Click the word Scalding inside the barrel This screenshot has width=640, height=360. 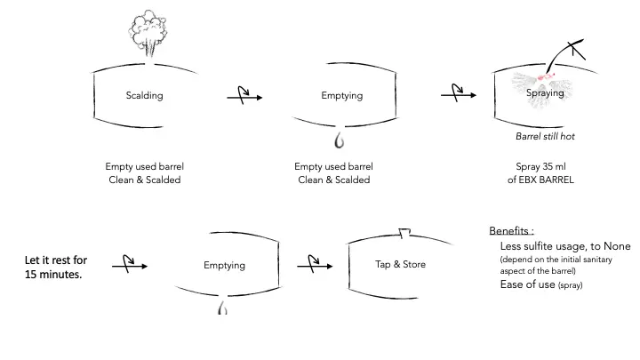pos(144,95)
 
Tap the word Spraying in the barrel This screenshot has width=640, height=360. pos(546,92)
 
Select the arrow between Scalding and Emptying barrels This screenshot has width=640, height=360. pos(244,97)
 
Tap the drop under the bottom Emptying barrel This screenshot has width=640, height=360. pos(222,308)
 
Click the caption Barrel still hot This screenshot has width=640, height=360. pos(548,136)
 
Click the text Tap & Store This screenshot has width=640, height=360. pos(400,265)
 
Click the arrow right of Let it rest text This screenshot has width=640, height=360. pos(130,265)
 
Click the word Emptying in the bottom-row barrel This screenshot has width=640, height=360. pos(224,265)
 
